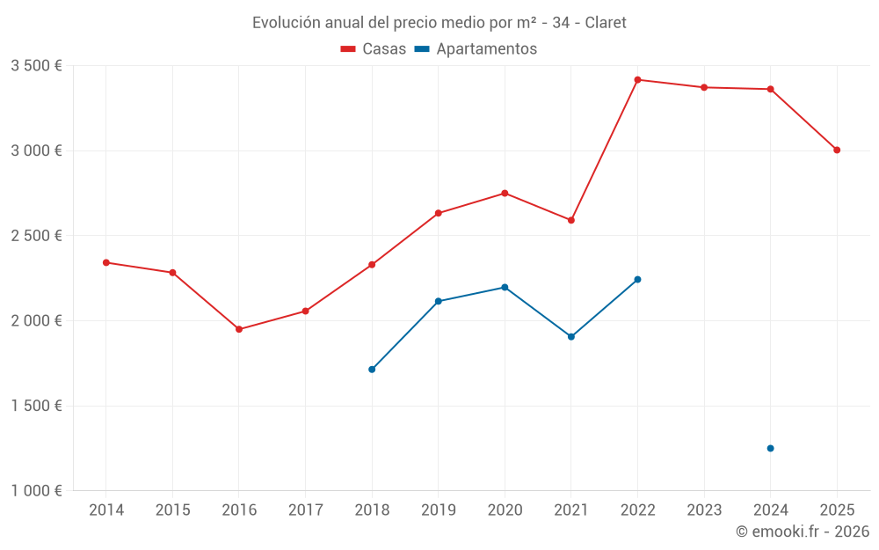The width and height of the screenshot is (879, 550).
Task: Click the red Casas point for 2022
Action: [637, 80]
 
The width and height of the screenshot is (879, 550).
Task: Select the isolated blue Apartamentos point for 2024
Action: [770, 448]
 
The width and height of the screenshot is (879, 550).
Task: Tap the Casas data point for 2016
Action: [239, 329]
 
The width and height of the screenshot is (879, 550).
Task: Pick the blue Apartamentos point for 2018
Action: [372, 370]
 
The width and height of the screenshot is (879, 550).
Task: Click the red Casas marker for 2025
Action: [837, 150]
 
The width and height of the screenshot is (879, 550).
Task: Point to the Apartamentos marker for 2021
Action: [571, 337]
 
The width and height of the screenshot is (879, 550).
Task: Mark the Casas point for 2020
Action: [505, 193]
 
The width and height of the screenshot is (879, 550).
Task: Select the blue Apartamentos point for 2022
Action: [637, 279]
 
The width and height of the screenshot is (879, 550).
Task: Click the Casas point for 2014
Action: [106, 262]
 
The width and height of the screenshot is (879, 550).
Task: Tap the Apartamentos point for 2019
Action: [439, 301]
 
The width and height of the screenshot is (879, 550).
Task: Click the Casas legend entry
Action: [374, 49]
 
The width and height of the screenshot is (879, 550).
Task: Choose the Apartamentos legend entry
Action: [476, 49]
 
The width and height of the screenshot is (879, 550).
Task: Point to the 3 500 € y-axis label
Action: [36, 66]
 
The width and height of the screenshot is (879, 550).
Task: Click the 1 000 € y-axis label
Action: [36, 491]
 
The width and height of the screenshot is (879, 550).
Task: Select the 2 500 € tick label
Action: [36, 236]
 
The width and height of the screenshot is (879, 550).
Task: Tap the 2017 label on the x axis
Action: [305, 510]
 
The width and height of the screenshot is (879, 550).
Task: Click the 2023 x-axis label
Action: [704, 510]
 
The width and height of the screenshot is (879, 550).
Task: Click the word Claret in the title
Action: [606, 23]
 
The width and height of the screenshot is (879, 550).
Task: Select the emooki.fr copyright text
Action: [802, 532]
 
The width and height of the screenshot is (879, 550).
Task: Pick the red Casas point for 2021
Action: [571, 220]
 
